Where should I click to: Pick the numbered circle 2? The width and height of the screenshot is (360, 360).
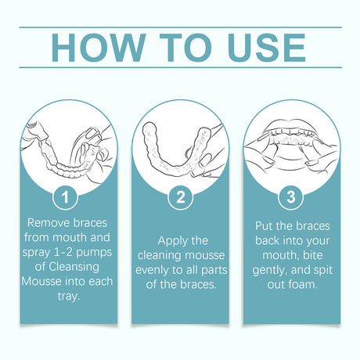click(180, 196)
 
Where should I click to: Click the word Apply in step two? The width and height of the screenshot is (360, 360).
click(171, 239)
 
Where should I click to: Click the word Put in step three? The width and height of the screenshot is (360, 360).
click(266, 225)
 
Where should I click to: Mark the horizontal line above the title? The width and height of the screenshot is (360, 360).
click(180, 27)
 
